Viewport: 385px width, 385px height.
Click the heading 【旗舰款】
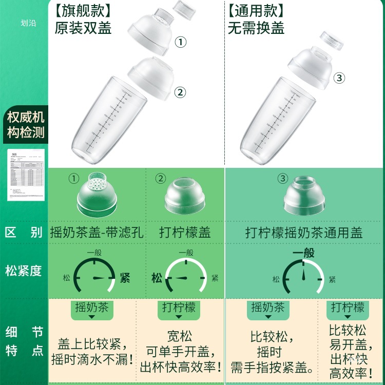83,10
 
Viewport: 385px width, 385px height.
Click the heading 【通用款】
256,10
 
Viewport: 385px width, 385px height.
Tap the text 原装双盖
83,27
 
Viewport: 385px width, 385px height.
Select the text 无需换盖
256,27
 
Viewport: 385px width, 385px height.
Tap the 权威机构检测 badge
26,125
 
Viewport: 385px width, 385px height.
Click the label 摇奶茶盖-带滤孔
97,232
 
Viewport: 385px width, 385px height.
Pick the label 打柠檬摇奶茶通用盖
304,232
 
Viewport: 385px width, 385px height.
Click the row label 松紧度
24,271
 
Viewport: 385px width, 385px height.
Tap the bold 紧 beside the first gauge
125,278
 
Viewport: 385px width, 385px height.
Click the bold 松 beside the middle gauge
157,278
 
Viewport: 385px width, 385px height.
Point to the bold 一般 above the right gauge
303,253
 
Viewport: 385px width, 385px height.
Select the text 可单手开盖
180,352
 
